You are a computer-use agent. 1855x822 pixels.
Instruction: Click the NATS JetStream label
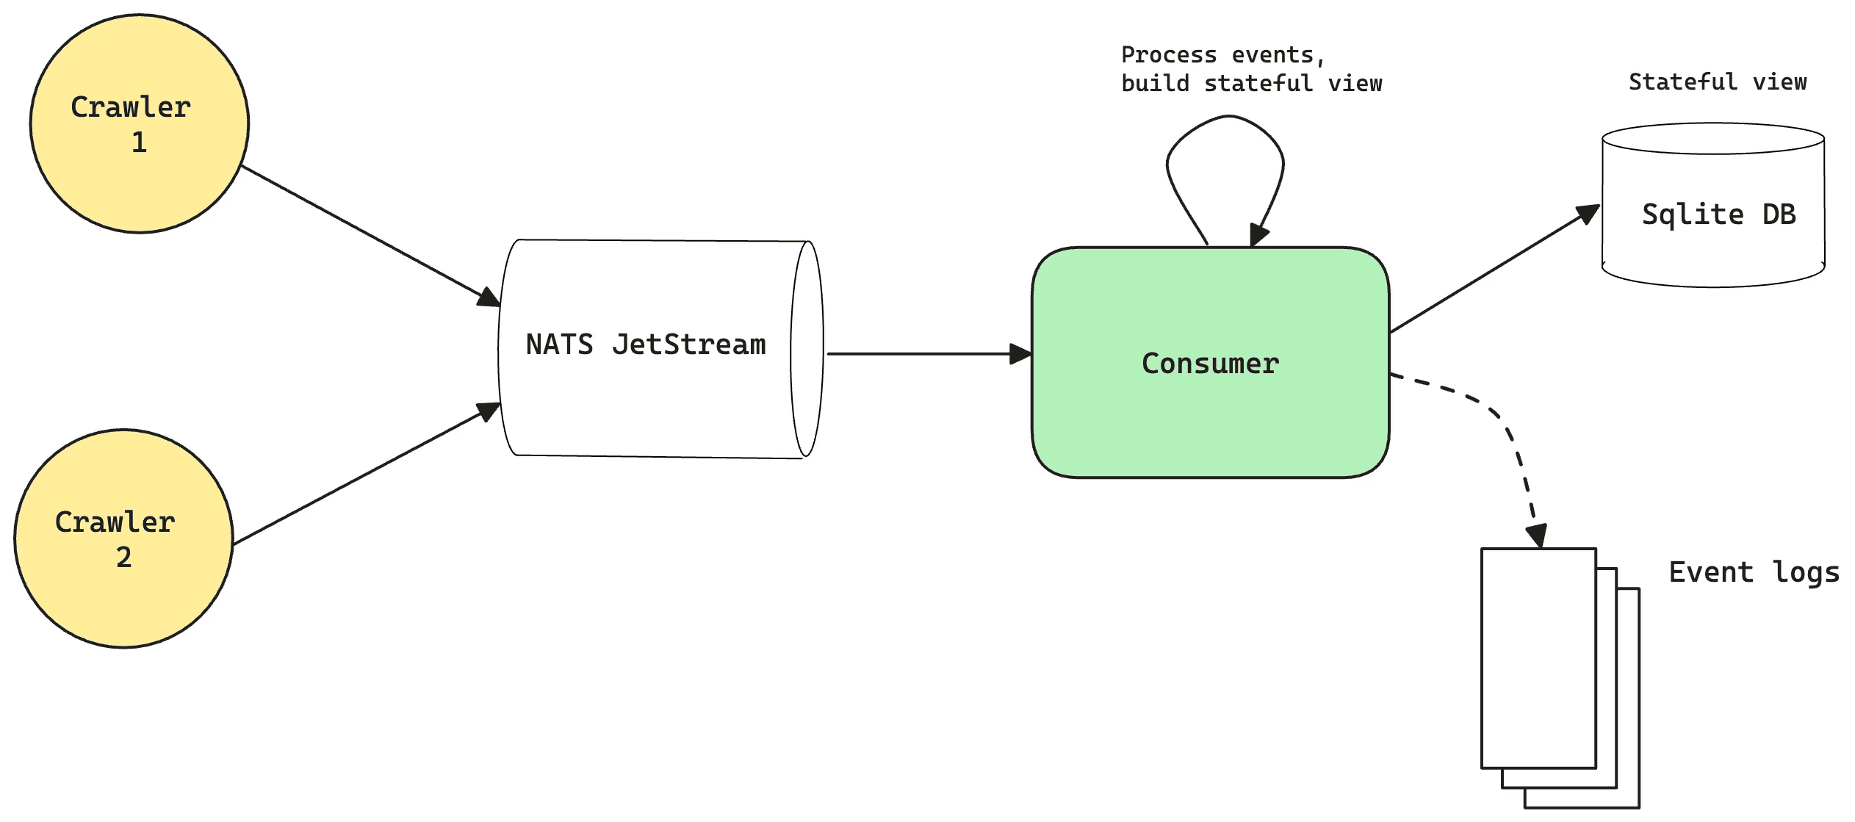click(646, 345)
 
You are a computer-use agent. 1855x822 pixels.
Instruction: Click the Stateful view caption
click(1717, 82)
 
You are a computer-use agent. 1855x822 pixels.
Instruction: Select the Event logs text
click(1754, 572)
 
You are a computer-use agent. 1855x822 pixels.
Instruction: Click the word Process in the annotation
click(1168, 55)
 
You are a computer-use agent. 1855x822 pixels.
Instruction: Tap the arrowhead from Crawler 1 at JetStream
click(489, 298)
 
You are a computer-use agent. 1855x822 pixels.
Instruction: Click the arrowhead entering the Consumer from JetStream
click(1020, 354)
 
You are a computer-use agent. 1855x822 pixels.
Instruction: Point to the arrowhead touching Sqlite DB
click(1589, 214)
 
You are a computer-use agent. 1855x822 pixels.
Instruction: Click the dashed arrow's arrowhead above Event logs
click(1537, 536)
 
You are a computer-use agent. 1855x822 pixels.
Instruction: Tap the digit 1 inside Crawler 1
click(139, 142)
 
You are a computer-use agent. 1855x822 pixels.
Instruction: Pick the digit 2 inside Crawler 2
click(123, 557)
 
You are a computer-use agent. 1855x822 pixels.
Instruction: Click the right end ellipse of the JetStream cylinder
click(807, 349)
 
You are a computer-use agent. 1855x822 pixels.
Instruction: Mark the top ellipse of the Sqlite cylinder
click(1712, 139)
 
